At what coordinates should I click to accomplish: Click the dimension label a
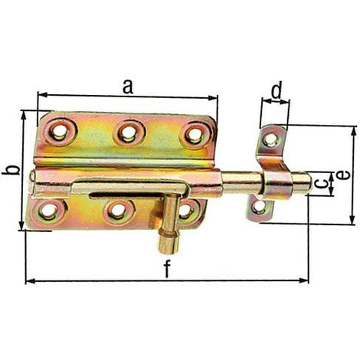click(128, 87)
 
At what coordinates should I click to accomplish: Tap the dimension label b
click(11, 170)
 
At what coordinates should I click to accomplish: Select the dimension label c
click(321, 183)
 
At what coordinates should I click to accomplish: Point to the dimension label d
click(276, 90)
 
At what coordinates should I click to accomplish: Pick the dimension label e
click(343, 175)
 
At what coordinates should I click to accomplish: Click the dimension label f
click(167, 269)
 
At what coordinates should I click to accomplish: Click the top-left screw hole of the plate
click(60, 132)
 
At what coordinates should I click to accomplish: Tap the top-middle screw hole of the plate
click(129, 133)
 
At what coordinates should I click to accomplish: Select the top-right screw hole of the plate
click(195, 135)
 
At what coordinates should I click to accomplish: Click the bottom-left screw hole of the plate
click(48, 211)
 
